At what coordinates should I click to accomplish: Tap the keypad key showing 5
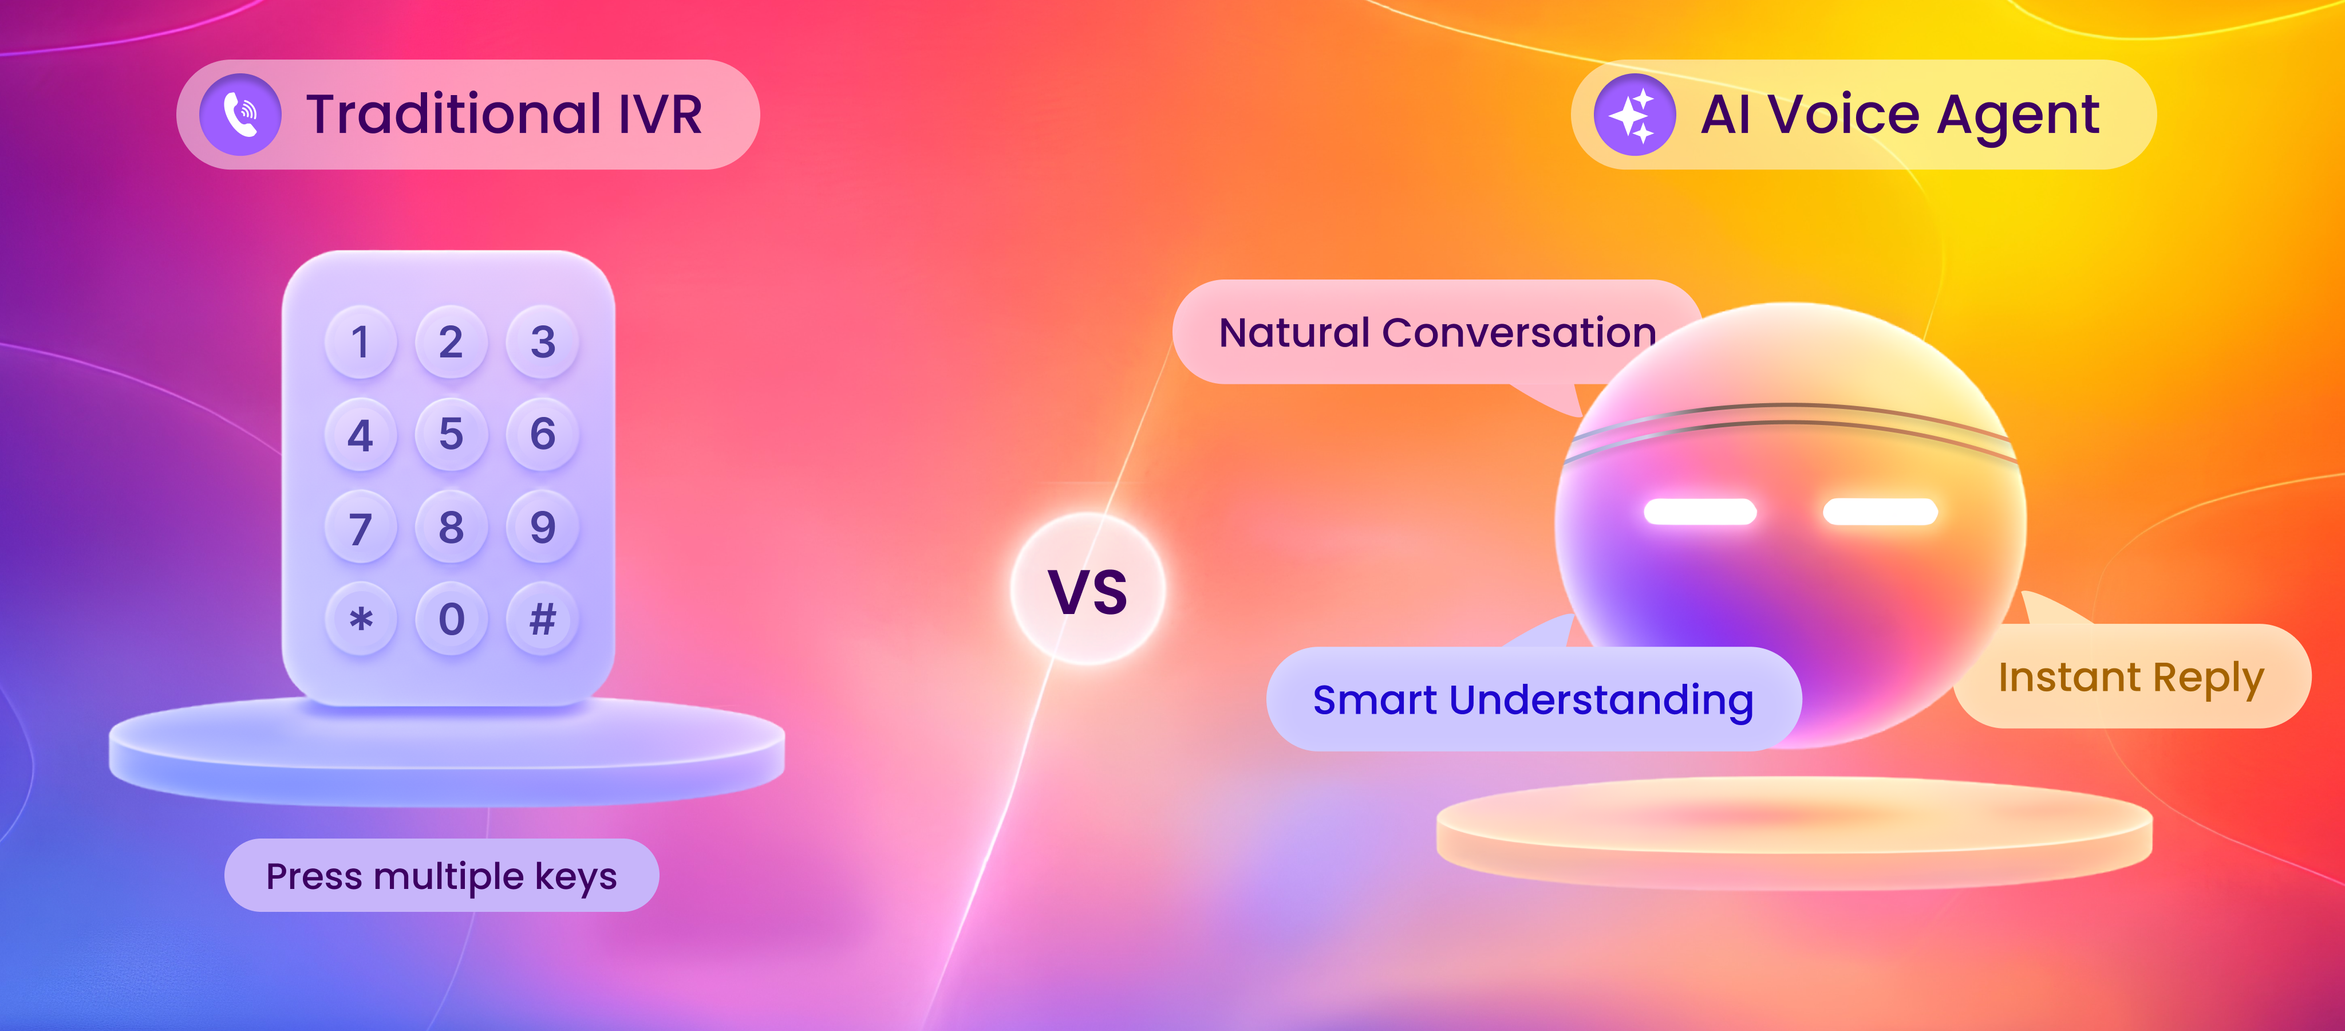tap(452, 434)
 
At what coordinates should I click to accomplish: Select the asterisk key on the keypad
tap(361, 619)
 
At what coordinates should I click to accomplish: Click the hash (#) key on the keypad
tap(543, 619)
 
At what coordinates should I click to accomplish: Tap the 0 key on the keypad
tap(452, 619)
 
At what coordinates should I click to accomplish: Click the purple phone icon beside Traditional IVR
tap(240, 115)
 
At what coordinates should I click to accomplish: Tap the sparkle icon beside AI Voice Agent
tap(1634, 115)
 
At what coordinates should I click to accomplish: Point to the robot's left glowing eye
tap(1700, 512)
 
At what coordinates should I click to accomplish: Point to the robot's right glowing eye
tap(1880, 512)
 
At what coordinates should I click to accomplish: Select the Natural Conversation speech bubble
tap(1436, 332)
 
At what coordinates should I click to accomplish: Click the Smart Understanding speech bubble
tap(1533, 699)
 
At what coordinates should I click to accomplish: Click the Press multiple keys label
tap(441, 875)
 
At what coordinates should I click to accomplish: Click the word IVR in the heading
tap(661, 114)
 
